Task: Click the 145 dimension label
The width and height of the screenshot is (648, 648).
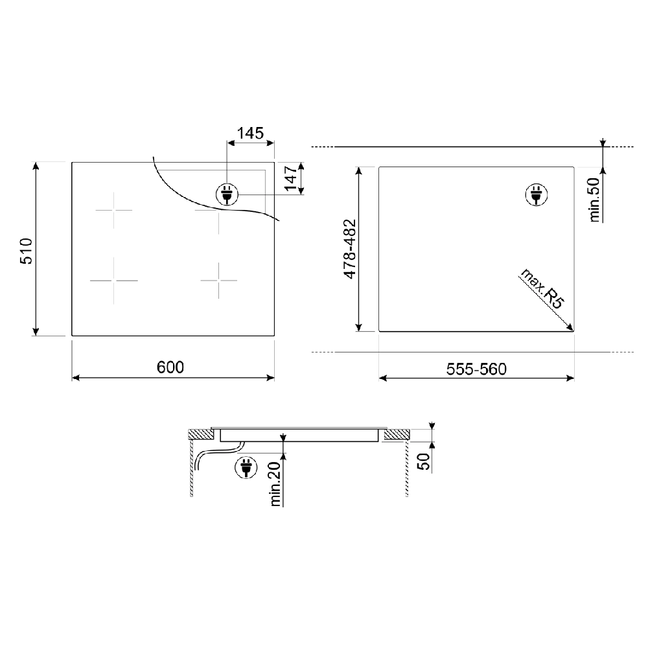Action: pos(250,133)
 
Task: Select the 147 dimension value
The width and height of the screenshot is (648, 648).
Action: pos(291,178)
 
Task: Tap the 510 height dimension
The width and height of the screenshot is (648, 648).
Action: pos(27,251)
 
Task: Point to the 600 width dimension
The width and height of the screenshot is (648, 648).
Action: pos(170,367)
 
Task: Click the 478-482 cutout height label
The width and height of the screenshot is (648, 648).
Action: pos(350,249)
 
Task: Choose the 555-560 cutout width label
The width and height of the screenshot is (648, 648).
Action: pos(476,369)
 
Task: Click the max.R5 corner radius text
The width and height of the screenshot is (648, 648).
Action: pos(542,288)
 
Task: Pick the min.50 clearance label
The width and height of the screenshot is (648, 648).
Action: pos(594,200)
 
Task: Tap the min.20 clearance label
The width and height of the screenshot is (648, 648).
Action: pos(275,484)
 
